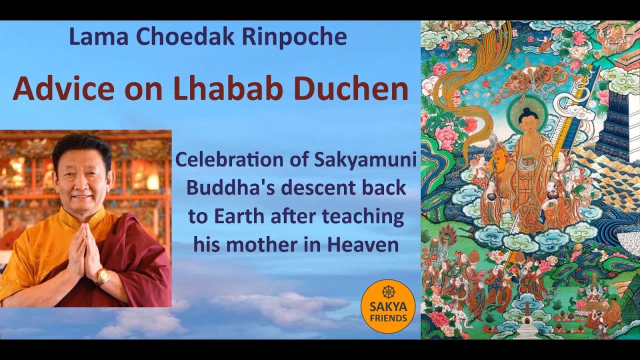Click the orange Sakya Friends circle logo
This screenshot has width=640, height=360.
387,306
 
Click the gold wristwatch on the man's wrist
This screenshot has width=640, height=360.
103,276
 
